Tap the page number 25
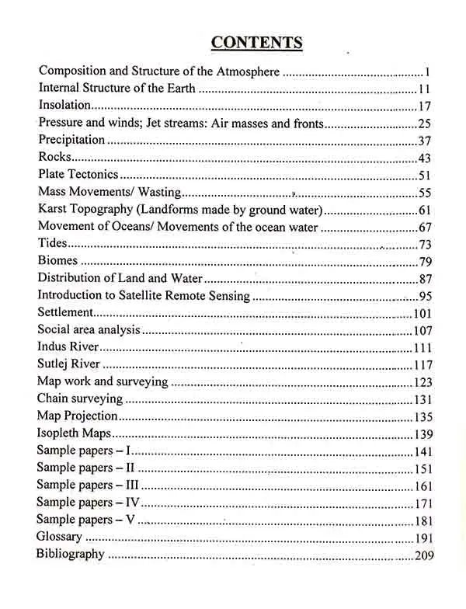click(423, 123)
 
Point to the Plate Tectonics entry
click(78, 175)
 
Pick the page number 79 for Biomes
click(425, 262)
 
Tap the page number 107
click(422, 330)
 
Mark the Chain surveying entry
click(80, 399)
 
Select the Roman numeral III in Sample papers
click(130, 485)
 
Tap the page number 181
click(423, 520)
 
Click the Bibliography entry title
click(71, 555)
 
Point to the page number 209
click(423, 555)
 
